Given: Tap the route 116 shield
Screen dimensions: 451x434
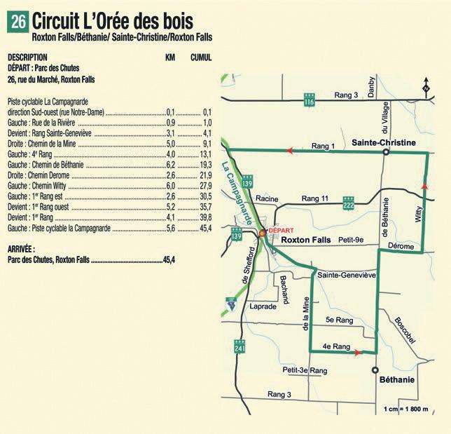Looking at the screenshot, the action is (309, 101).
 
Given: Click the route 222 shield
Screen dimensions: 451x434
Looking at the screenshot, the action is (348, 203).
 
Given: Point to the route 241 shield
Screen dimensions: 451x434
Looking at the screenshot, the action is (240, 348).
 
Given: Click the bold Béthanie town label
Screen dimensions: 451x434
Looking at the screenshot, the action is (397, 379).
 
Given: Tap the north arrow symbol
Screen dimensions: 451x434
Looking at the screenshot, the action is (426, 87).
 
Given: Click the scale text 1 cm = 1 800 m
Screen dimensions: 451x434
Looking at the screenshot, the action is (409, 409).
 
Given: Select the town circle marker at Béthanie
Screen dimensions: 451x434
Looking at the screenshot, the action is (375, 369).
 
